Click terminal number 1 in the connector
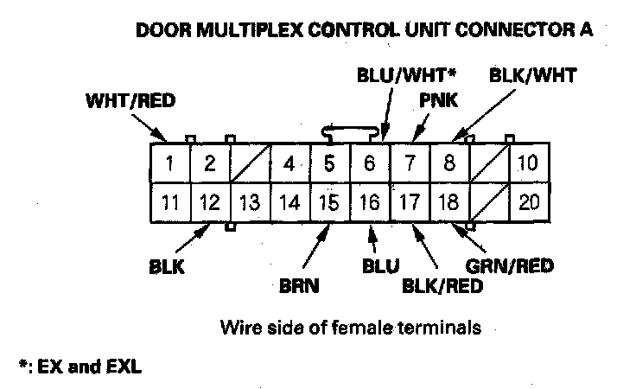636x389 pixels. click(x=171, y=162)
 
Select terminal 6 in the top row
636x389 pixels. click(x=370, y=162)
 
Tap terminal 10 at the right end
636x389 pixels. click(x=528, y=162)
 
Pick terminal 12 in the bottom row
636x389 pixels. click(x=210, y=204)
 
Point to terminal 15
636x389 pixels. click(x=328, y=204)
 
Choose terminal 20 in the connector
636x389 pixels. click(x=528, y=204)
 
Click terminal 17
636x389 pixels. click(x=409, y=204)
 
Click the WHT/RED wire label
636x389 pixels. click(x=130, y=100)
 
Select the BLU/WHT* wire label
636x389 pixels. click(x=406, y=75)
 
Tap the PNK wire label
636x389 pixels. click(x=438, y=101)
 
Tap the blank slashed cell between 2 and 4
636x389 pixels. click(x=250, y=162)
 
